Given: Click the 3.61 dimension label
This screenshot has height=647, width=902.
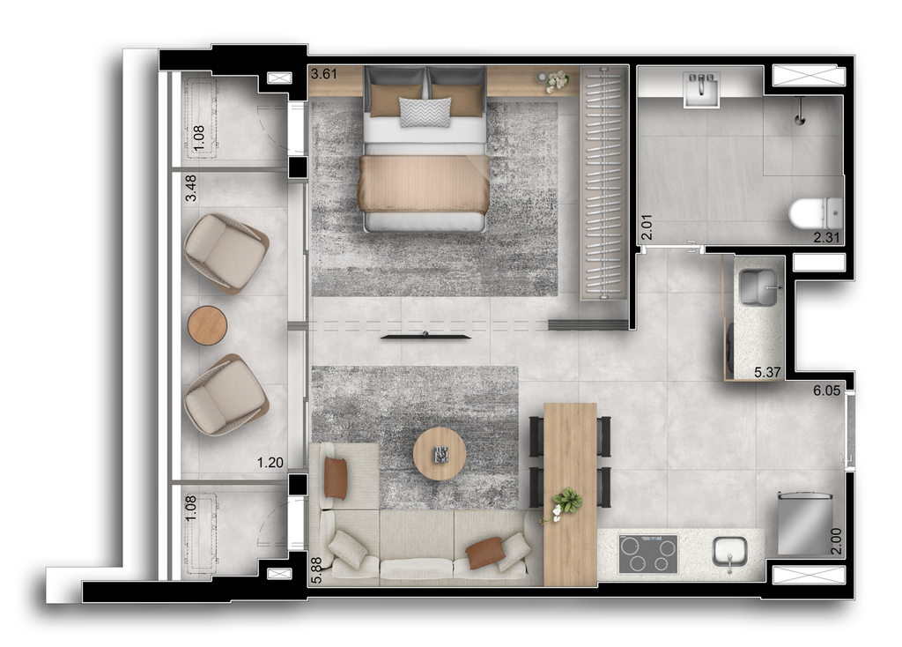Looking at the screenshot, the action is click(x=324, y=74).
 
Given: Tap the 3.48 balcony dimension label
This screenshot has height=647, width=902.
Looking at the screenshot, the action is click(x=190, y=189).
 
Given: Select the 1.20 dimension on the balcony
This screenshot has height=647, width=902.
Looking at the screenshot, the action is click(x=270, y=462).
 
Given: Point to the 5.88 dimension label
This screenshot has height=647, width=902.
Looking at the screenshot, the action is click(x=317, y=570).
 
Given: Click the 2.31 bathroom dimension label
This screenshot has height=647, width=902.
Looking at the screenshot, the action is click(x=826, y=236).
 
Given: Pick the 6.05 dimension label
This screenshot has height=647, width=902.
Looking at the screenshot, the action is click(x=826, y=390).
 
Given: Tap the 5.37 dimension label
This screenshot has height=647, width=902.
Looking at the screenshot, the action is click(x=767, y=373).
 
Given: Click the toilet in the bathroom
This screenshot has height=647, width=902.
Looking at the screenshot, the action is click(x=817, y=213).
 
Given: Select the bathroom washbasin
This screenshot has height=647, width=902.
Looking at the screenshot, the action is click(x=701, y=89).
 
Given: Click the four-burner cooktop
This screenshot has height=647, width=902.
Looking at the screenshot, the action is click(x=647, y=554).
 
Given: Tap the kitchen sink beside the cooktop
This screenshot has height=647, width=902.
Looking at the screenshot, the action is click(x=730, y=554).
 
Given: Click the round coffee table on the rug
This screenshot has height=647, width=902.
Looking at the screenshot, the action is click(x=440, y=454).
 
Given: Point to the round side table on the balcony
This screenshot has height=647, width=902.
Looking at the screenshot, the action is click(x=208, y=325).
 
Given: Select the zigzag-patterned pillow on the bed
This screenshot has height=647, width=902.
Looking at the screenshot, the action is click(x=425, y=112).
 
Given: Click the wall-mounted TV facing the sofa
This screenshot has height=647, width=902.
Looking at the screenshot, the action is click(x=425, y=336).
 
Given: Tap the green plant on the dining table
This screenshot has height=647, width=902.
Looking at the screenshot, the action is click(x=568, y=500).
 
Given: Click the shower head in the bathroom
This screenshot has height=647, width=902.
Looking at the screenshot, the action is click(x=799, y=112).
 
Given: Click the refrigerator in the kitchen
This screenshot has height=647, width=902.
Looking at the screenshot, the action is click(x=805, y=524).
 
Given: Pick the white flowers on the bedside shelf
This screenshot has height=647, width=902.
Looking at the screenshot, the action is click(x=557, y=81).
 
